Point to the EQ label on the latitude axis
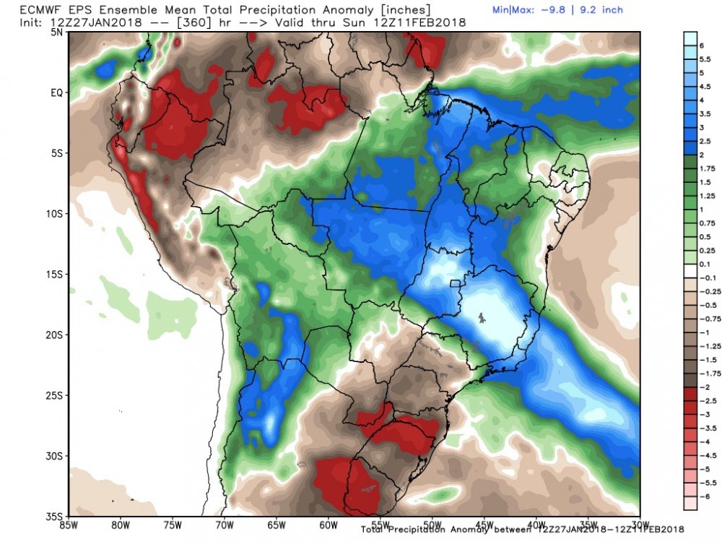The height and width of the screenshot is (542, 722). pos(56,93)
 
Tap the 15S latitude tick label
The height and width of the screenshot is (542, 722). pos(54,275)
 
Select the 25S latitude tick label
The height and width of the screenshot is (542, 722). pos(54,396)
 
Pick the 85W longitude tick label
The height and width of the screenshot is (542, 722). pos(69,525)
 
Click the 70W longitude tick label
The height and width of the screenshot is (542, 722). pos(225,525)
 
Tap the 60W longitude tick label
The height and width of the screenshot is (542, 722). pos(329,525)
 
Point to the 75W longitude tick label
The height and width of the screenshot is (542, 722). pos(173,525)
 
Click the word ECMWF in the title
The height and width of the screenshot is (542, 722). pos(38,9)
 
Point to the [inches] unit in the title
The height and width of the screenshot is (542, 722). pos(403,9)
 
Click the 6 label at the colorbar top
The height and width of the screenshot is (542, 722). pos(702,46)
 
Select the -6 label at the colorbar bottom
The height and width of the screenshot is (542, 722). pos(705,496)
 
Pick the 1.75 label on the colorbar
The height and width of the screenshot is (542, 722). pos(708,168)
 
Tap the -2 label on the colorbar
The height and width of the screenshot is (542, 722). pos(705,387)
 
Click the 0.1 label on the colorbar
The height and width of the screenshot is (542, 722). pos(705,264)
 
